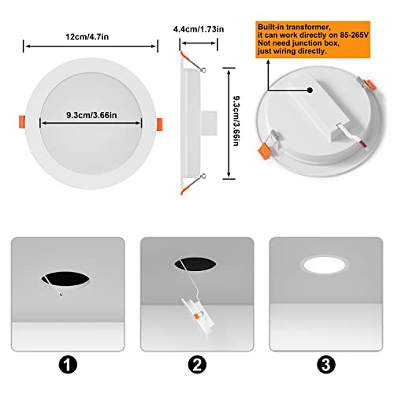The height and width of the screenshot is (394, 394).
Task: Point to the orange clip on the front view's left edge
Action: click(x=18, y=123)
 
